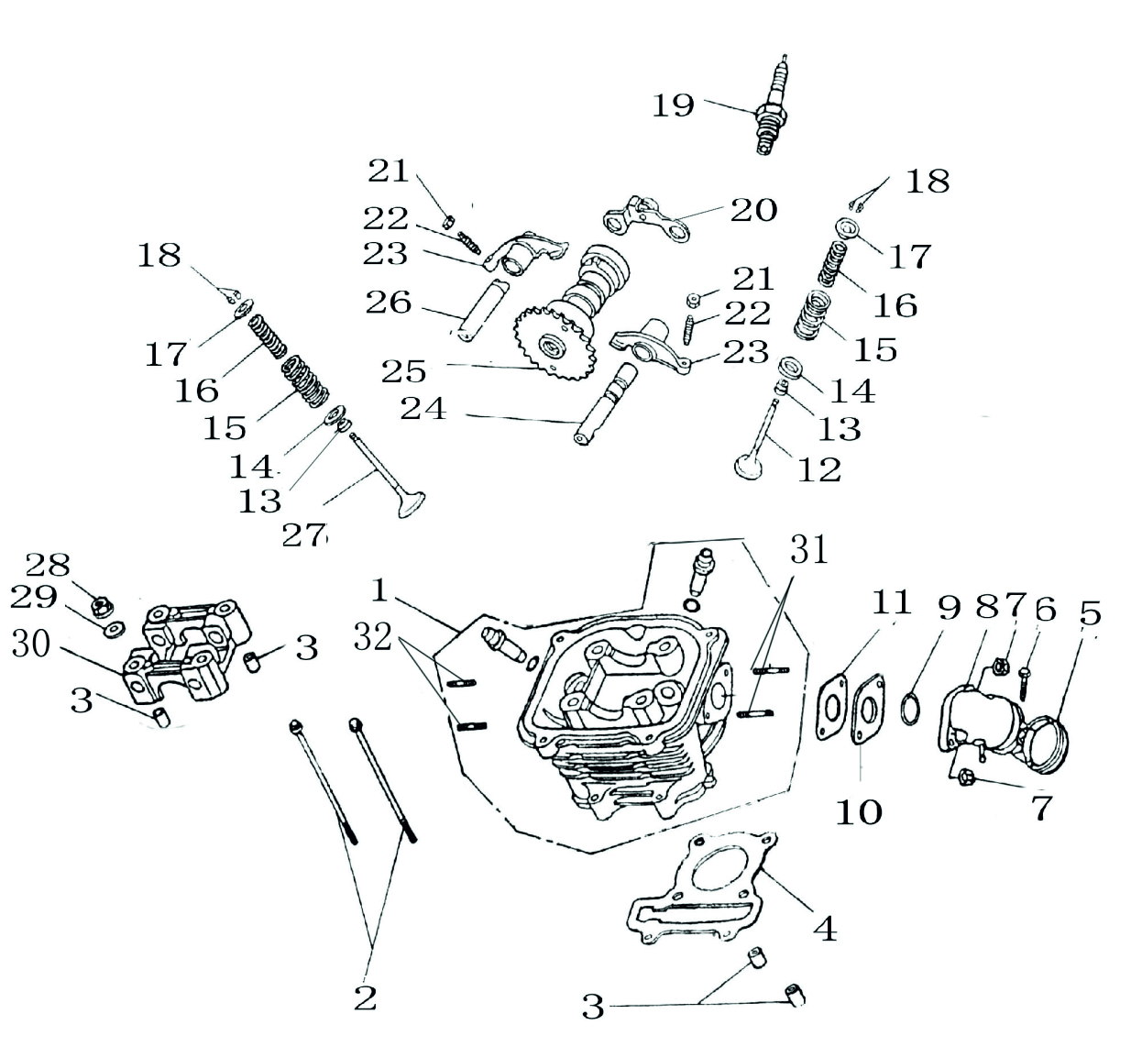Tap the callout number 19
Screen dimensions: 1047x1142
point(674,105)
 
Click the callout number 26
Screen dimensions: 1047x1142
point(389,302)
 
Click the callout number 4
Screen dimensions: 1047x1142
point(825,929)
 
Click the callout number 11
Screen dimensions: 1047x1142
point(891,602)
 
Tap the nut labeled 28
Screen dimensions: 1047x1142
point(104,605)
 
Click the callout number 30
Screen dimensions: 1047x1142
point(30,644)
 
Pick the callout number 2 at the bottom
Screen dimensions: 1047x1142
point(366,997)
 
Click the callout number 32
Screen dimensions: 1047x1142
point(373,636)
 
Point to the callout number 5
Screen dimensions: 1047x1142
point(1089,612)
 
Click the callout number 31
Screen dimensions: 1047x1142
point(808,550)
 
